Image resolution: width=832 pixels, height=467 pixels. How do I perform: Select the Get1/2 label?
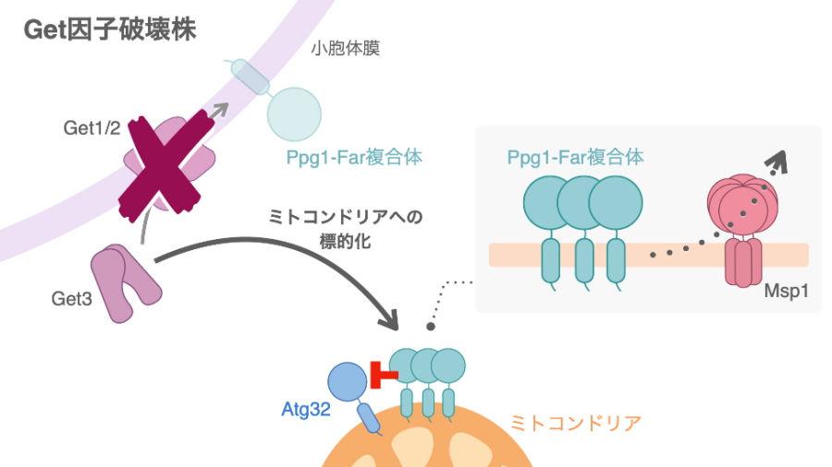(92, 129)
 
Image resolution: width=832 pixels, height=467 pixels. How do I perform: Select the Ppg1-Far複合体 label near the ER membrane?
(354, 158)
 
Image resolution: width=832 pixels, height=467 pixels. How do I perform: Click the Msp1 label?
(786, 290)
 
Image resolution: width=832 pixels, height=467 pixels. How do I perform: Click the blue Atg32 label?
(306, 407)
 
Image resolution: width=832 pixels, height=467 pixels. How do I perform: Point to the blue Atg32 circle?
(349, 381)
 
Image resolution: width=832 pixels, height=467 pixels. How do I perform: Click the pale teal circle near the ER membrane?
(295, 114)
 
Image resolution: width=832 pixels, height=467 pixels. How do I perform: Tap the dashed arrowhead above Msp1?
(780, 163)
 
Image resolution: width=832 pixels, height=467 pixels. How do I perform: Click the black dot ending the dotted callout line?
(429, 326)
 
